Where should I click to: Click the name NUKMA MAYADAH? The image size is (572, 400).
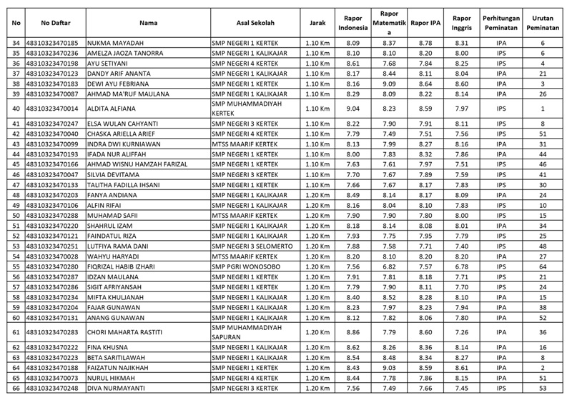111,43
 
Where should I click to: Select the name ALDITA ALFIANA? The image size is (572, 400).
110,109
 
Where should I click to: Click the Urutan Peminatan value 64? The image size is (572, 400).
543,266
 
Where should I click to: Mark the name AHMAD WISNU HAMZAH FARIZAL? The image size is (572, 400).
136,164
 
